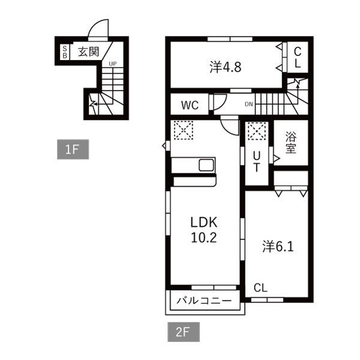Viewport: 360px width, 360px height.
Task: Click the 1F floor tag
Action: tap(73, 149)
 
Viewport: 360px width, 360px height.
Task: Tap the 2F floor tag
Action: tap(184, 332)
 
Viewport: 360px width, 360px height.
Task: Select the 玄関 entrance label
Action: tap(89, 52)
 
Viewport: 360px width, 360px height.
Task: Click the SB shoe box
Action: tap(65, 52)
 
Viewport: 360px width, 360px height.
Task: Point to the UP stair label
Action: tap(113, 64)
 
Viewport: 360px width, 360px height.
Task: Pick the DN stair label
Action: tap(248, 104)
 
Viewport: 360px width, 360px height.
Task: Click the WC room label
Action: tap(190, 106)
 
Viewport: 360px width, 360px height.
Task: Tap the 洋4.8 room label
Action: tap(225, 67)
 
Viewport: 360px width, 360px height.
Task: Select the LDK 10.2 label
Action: tap(204, 230)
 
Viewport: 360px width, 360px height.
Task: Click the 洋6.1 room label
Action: tap(278, 247)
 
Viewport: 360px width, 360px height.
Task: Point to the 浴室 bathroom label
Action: tap(290, 142)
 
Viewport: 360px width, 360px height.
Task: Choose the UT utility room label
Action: tap(256, 162)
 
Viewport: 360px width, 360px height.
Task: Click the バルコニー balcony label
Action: tap(204, 301)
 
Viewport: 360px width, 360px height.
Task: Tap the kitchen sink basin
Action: tap(206, 165)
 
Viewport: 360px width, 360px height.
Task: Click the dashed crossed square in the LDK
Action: tap(183, 130)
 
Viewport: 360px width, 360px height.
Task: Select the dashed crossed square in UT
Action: tap(257, 131)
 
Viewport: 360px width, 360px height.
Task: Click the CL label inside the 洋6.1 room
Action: tap(260, 288)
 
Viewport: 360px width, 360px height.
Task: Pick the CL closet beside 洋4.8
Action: tap(298, 58)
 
